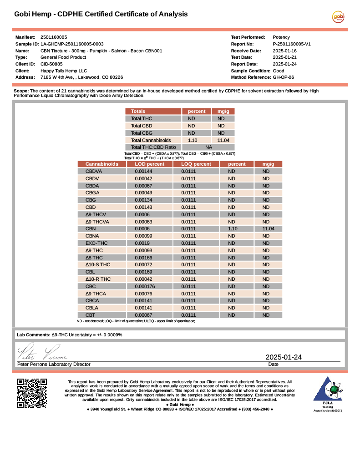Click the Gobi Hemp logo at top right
[x=338, y=17]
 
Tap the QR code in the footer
[x=32, y=393]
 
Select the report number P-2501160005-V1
[x=291, y=44]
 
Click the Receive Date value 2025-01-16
[x=284, y=51]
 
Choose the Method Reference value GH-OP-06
[x=283, y=77]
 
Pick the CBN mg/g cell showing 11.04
[x=268, y=229]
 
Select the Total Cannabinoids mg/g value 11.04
[x=223, y=140]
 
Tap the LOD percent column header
[x=149, y=164]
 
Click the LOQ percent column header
[x=196, y=164]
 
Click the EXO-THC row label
[x=96, y=243]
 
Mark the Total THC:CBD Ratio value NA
[x=208, y=147]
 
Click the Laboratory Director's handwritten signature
[x=42, y=353]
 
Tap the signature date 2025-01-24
[x=284, y=357]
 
